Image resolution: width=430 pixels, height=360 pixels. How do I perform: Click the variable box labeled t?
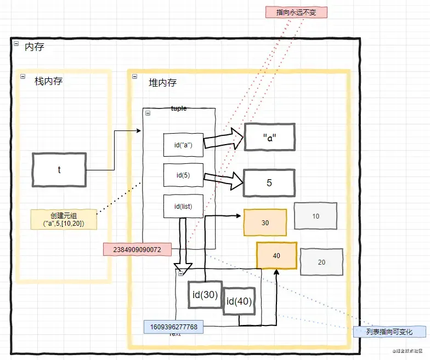(59, 170)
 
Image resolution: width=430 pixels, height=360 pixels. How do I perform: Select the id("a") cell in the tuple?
(183, 145)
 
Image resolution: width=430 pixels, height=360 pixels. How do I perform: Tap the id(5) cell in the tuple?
(183, 176)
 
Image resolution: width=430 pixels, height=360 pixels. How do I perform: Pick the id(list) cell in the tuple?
(183, 206)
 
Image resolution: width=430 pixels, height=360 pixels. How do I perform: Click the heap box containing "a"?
(269, 137)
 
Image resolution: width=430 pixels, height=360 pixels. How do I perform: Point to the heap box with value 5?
(269, 182)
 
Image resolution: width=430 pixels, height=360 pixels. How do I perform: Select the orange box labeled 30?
(265, 222)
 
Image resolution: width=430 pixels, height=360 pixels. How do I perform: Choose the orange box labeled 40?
(276, 256)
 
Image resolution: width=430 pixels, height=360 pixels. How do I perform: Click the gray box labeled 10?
(315, 216)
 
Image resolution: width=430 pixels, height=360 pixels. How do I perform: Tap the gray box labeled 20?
(321, 262)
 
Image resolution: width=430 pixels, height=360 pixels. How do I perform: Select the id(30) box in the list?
(205, 295)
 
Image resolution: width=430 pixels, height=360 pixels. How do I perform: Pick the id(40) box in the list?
(240, 301)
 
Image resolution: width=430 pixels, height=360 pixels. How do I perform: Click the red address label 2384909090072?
(137, 249)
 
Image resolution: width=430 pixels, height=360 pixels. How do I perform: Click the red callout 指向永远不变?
(296, 12)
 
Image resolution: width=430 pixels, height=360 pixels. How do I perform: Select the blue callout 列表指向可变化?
(389, 332)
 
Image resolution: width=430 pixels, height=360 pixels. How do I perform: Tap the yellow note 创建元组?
(64, 220)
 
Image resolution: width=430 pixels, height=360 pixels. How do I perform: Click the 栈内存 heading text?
(48, 81)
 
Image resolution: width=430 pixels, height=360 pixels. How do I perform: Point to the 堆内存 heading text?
(163, 83)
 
